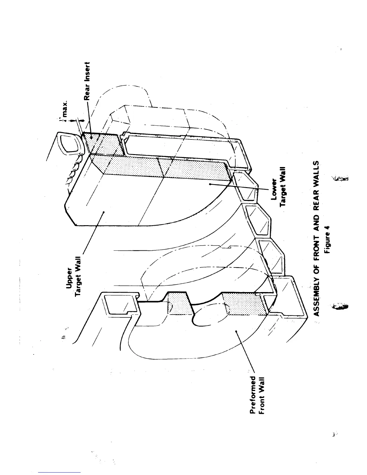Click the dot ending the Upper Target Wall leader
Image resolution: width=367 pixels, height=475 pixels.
point(103,212)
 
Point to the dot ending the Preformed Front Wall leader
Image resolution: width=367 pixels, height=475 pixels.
point(237,331)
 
